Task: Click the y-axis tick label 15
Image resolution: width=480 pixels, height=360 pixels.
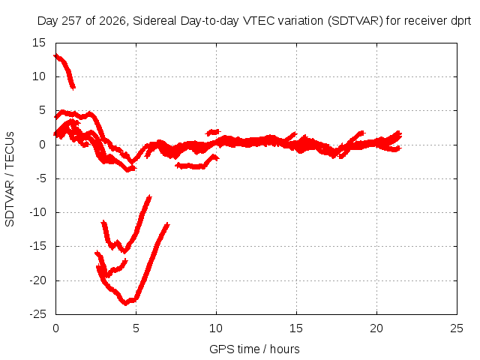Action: point(39,43)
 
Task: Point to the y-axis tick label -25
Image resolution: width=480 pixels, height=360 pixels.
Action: point(37,314)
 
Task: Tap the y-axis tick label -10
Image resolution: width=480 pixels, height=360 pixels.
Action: point(37,212)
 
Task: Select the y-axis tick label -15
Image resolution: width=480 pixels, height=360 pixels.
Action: point(37,246)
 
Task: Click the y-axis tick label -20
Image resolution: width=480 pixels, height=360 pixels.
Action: point(37,280)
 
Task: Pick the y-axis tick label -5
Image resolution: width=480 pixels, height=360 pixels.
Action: point(41,178)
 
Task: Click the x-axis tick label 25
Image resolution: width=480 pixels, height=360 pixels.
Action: point(457,328)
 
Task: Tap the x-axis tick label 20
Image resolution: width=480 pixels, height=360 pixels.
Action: point(376,328)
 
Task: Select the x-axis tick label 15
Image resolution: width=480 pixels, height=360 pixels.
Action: point(296,328)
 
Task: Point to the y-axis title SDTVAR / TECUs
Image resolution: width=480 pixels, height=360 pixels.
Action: point(10,179)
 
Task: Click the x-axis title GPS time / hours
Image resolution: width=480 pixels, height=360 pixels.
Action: point(254,349)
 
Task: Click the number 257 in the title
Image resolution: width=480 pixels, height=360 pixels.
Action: point(71,21)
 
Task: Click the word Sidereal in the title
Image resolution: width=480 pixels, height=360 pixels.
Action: point(155,21)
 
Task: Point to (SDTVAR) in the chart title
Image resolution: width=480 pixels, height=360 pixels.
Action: point(355,21)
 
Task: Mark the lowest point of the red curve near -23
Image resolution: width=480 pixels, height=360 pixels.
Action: point(125,304)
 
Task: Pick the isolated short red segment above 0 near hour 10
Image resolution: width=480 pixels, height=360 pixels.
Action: point(213,132)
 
